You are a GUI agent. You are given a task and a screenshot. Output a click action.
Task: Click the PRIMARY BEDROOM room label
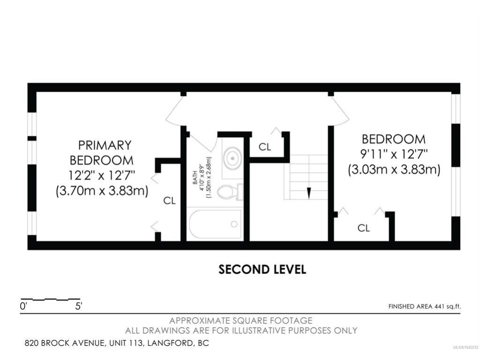[x=102, y=153]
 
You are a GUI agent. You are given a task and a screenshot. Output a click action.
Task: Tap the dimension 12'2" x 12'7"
[x=102, y=175]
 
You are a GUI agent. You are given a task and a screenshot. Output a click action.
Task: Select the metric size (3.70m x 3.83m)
[x=102, y=191]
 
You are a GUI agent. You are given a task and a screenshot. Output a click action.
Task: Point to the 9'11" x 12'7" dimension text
[x=394, y=154]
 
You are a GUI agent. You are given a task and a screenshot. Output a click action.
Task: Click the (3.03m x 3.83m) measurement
[x=394, y=169]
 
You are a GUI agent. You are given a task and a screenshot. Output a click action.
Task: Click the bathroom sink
[x=232, y=158]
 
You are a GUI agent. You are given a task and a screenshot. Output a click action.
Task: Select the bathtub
[x=215, y=224]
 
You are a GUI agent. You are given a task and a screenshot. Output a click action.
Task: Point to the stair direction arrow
[x=308, y=193]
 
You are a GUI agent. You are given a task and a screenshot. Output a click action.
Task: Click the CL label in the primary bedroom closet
[x=169, y=201]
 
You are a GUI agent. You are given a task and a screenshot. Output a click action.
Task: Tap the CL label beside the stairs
[x=265, y=147]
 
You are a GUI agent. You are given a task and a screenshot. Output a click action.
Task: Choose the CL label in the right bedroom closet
[x=364, y=228]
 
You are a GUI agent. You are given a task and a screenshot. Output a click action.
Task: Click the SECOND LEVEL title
[x=262, y=270]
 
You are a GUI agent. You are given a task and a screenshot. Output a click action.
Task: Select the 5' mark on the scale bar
[x=79, y=306]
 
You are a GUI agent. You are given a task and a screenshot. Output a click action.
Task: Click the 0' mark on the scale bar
[x=23, y=306]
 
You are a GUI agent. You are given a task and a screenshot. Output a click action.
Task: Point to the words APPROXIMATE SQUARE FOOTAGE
[x=241, y=321]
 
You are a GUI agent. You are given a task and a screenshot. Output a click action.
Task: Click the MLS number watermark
[x=465, y=347]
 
